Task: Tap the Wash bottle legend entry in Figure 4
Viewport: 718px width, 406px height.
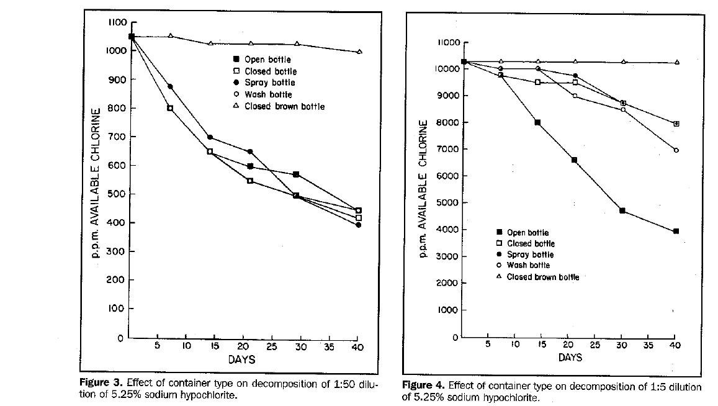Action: tap(527, 266)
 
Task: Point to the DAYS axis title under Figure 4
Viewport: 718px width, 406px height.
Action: tap(570, 358)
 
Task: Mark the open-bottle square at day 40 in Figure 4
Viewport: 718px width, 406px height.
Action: tap(676, 231)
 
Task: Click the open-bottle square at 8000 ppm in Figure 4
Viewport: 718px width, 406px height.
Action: tap(537, 122)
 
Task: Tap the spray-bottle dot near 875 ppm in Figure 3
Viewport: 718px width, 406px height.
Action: tap(170, 86)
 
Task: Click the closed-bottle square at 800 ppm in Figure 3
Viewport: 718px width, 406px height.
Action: tap(170, 108)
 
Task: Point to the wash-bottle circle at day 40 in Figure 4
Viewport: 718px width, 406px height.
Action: tap(676, 150)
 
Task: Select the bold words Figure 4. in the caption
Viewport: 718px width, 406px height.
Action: tap(423, 386)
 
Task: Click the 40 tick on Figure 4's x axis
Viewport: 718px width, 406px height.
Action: tap(676, 345)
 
